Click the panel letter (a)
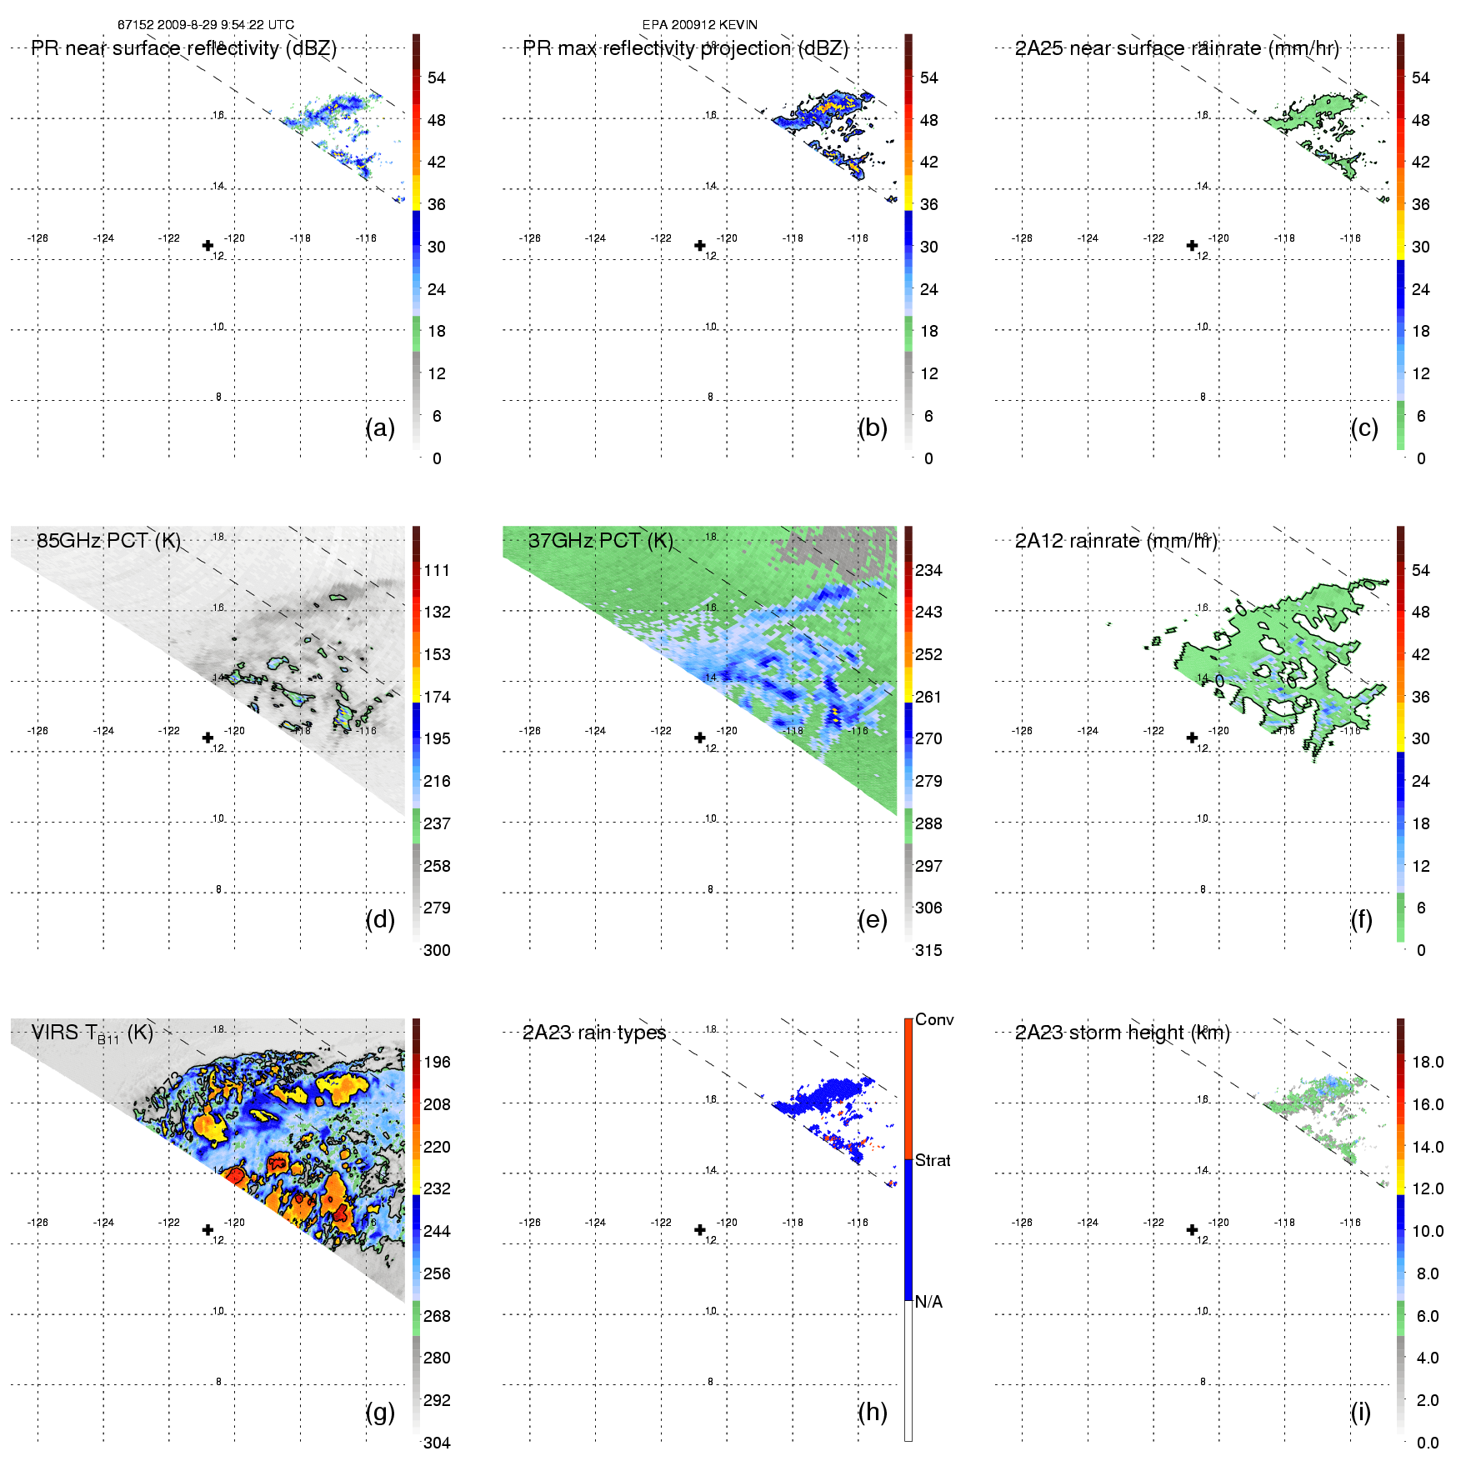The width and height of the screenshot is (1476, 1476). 380,428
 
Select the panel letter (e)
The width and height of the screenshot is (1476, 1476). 872,920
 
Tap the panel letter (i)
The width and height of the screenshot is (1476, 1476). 1360,1412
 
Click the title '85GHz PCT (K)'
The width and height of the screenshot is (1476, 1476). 108,541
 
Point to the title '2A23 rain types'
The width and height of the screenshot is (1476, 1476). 594,1033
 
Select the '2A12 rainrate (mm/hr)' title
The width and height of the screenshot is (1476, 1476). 1116,541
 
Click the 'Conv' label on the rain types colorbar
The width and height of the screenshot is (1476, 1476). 934,1019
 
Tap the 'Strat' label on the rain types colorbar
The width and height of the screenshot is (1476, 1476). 933,1160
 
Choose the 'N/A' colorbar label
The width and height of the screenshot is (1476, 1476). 928,1302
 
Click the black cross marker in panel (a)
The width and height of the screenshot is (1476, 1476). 208,246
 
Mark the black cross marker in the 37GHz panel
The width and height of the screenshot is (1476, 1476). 700,738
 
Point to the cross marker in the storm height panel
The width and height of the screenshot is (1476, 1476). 1192,1230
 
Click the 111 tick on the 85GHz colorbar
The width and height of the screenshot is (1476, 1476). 437,571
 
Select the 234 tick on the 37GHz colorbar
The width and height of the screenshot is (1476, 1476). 928,571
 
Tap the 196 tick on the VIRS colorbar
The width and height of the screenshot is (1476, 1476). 437,1063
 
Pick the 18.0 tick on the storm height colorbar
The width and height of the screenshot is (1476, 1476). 1427,1063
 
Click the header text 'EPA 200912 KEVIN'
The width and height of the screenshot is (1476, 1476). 700,25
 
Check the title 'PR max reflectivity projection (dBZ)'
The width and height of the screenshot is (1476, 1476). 685,48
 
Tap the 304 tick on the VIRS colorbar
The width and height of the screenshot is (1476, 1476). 437,1443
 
